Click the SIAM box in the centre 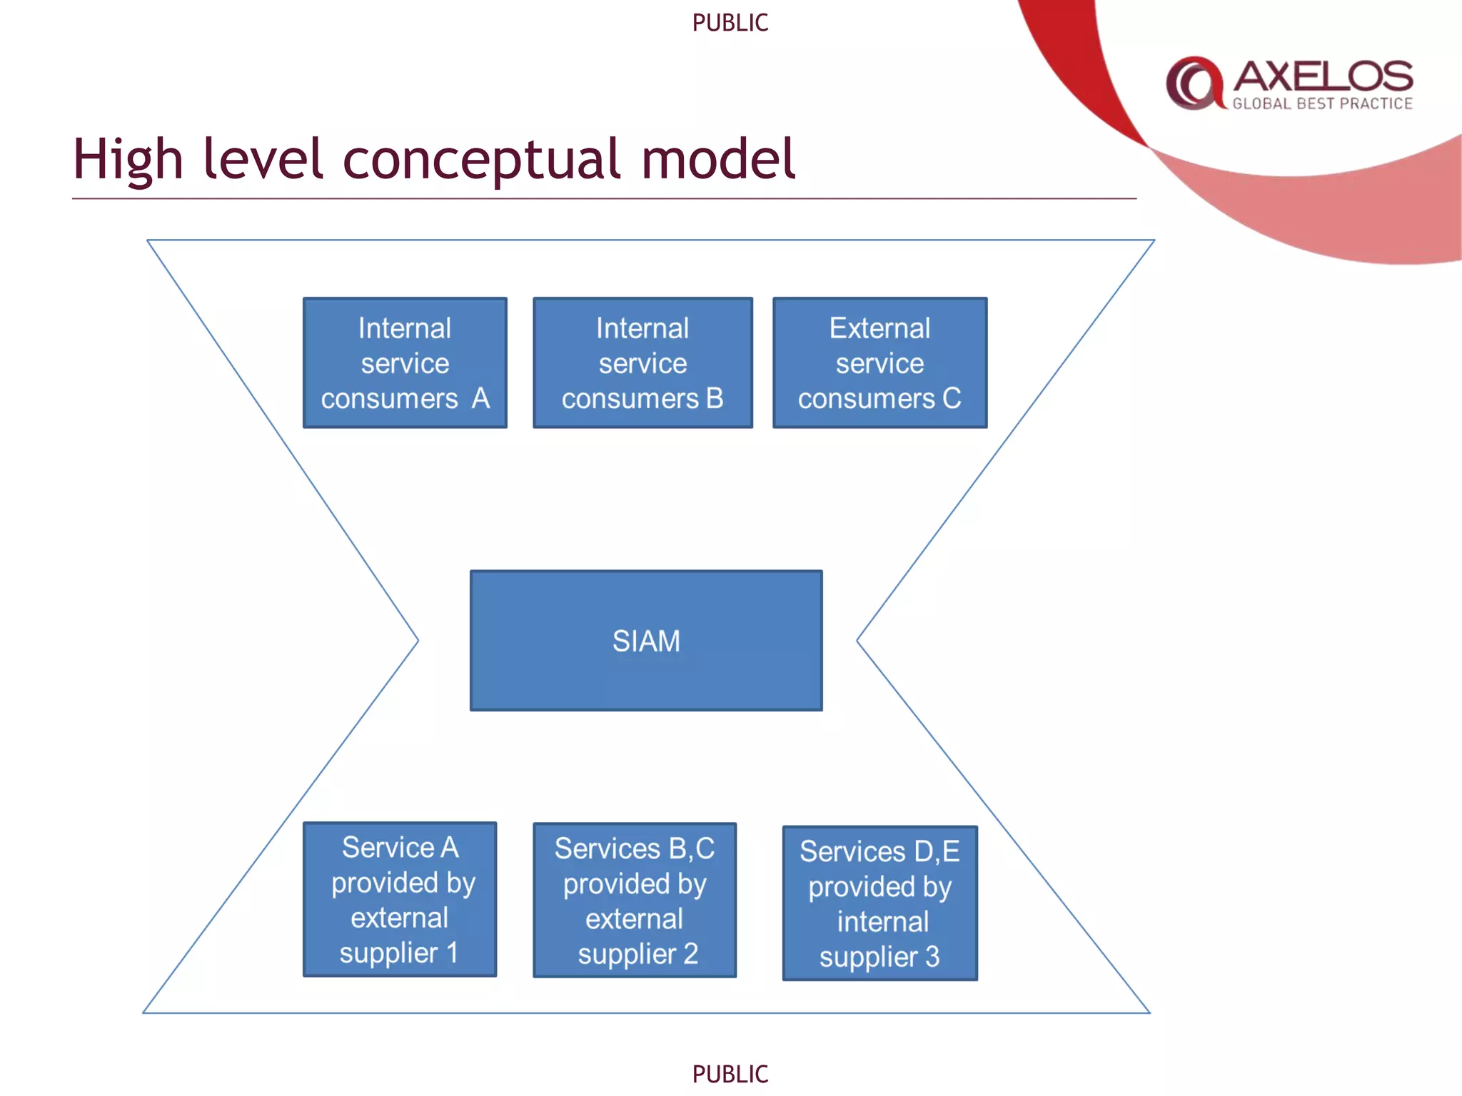(x=646, y=640)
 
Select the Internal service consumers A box (x=405, y=362)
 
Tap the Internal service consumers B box (x=642, y=362)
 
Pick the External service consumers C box (x=879, y=362)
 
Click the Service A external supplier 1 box (x=400, y=899)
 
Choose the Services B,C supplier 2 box (x=635, y=900)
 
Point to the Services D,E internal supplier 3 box (x=879, y=903)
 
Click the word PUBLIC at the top (x=730, y=23)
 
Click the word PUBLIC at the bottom (x=730, y=1074)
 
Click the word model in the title (x=717, y=158)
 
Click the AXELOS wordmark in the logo (x=1323, y=76)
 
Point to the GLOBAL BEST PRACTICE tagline (x=1322, y=104)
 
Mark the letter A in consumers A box (x=480, y=398)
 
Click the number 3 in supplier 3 (x=932, y=957)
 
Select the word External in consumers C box (x=879, y=328)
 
